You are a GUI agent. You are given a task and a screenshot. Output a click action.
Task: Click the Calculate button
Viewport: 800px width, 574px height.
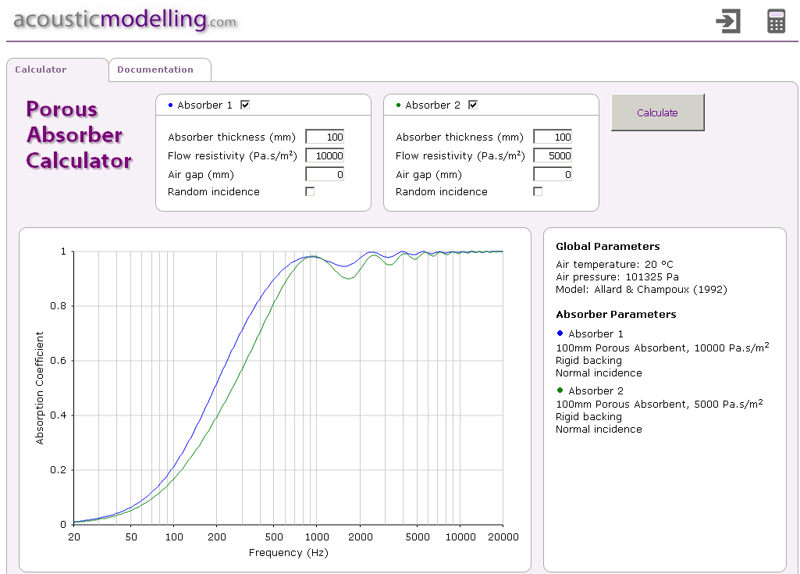657,112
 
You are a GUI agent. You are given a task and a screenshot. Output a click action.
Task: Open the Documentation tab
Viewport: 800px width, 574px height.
155,70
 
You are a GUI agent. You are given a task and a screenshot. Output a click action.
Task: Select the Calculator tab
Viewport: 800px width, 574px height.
41,70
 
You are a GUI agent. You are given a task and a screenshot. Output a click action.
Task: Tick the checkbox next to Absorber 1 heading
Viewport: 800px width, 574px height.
245,105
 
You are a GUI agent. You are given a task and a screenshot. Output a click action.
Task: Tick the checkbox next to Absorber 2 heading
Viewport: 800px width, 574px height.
473,105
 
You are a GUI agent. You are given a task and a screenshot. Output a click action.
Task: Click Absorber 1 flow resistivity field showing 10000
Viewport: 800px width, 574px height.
325,155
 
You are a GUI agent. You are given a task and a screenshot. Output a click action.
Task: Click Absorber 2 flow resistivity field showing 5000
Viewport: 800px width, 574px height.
553,155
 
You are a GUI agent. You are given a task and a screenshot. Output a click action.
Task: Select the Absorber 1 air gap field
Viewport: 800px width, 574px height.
325,174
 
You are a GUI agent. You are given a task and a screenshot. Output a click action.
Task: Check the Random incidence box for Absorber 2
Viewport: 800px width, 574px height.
538,191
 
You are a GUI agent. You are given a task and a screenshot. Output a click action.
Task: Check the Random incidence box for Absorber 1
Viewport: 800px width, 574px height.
310,191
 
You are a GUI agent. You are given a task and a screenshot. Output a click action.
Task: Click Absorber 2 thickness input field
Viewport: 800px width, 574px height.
553,137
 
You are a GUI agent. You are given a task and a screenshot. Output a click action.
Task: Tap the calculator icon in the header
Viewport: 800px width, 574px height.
776,21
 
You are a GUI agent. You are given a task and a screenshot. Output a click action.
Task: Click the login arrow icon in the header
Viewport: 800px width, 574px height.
728,21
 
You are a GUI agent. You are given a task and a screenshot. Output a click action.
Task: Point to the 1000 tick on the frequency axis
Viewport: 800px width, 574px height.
316,537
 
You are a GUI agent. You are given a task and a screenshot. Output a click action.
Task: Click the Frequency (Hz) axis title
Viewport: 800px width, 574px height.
288,553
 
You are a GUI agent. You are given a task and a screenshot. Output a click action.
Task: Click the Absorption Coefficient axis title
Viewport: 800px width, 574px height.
41,388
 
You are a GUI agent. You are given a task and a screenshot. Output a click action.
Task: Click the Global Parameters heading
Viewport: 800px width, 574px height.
608,247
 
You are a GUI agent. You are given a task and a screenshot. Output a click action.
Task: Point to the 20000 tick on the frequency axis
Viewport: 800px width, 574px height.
503,537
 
